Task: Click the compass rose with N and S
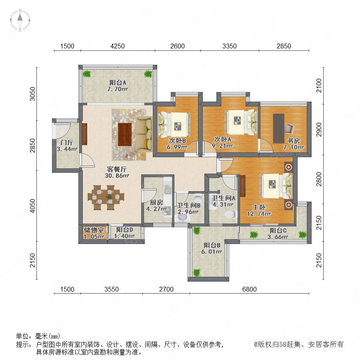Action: pyautogui.click(x=20, y=20)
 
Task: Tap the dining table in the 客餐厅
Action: pyautogui.click(x=106, y=197)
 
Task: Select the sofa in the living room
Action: pyautogui.click(x=144, y=133)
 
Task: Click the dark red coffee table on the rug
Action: pyautogui.click(x=125, y=134)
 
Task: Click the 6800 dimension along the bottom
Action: pyautogui.click(x=249, y=289)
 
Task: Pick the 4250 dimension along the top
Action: pyautogui.click(x=117, y=46)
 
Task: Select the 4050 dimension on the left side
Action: pyautogui.click(x=33, y=206)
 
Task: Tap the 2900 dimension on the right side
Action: pyautogui.click(x=319, y=130)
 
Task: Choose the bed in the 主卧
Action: pyautogui.click(x=276, y=186)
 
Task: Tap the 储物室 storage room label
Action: pyautogui.click(x=94, y=230)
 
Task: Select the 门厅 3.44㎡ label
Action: pyautogui.click(x=67, y=146)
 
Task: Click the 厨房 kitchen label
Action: pyautogui.click(x=156, y=202)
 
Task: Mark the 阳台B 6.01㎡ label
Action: pyautogui.click(x=212, y=248)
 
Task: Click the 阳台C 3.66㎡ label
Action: pyautogui.click(x=278, y=234)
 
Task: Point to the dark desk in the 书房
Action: pyautogui.click(x=278, y=128)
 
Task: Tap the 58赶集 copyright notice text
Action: pyautogui.click(x=298, y=344)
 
